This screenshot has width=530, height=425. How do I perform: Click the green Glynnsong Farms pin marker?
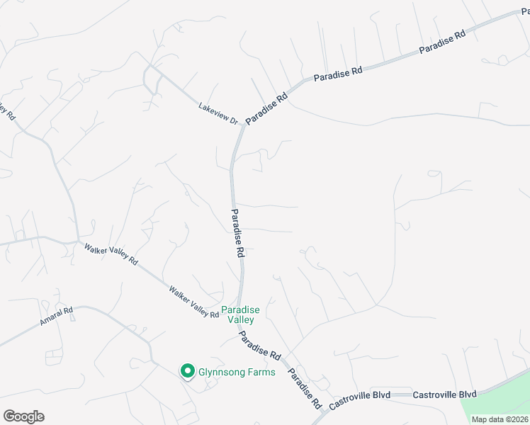click(x=188, y=370)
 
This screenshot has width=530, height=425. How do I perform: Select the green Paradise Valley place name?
click(x=240, y=314)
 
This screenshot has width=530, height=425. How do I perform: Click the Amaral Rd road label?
click(x=57, y=319)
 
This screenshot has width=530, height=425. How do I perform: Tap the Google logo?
click(x=23, y=416)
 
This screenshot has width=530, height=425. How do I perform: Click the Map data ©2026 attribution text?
click(x=500, y=419)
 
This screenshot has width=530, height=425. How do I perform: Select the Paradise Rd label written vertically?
click(x=239, y=232)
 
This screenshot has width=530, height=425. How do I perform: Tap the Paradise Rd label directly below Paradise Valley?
click(x=260, y=344)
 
